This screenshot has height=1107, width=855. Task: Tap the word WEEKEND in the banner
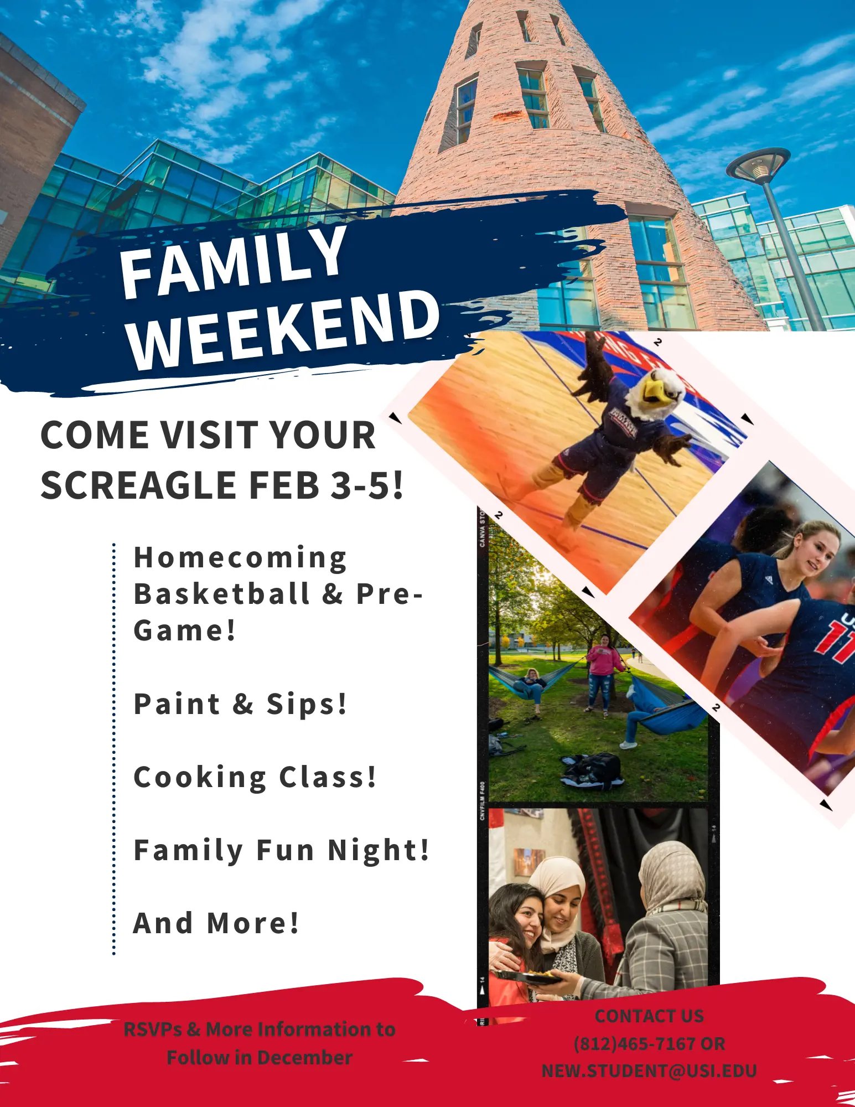pyautogui.click(x=284, y=329)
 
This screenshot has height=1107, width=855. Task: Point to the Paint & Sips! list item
pyautogui.click(x=241, y=704)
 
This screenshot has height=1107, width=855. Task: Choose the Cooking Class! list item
pyautogui.click(x=255, y=777)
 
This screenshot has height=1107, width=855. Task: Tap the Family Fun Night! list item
pyautogui.click(x=282, y=850)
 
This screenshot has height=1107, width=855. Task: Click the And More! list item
pyautogui.click(x=216, y=923)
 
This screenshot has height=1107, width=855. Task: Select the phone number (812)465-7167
pyautogui.click(x=635, y=1044)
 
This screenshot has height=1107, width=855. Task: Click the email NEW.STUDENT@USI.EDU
pyautogui.click(x=649, y=1071)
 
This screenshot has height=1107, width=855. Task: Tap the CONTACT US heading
pyautogui.click(x=649, y=1016)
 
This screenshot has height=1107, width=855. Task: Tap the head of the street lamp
pyautogui.click(x=758, y=164)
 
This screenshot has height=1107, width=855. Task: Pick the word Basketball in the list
pyautogui.click(x=222, y=594)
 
